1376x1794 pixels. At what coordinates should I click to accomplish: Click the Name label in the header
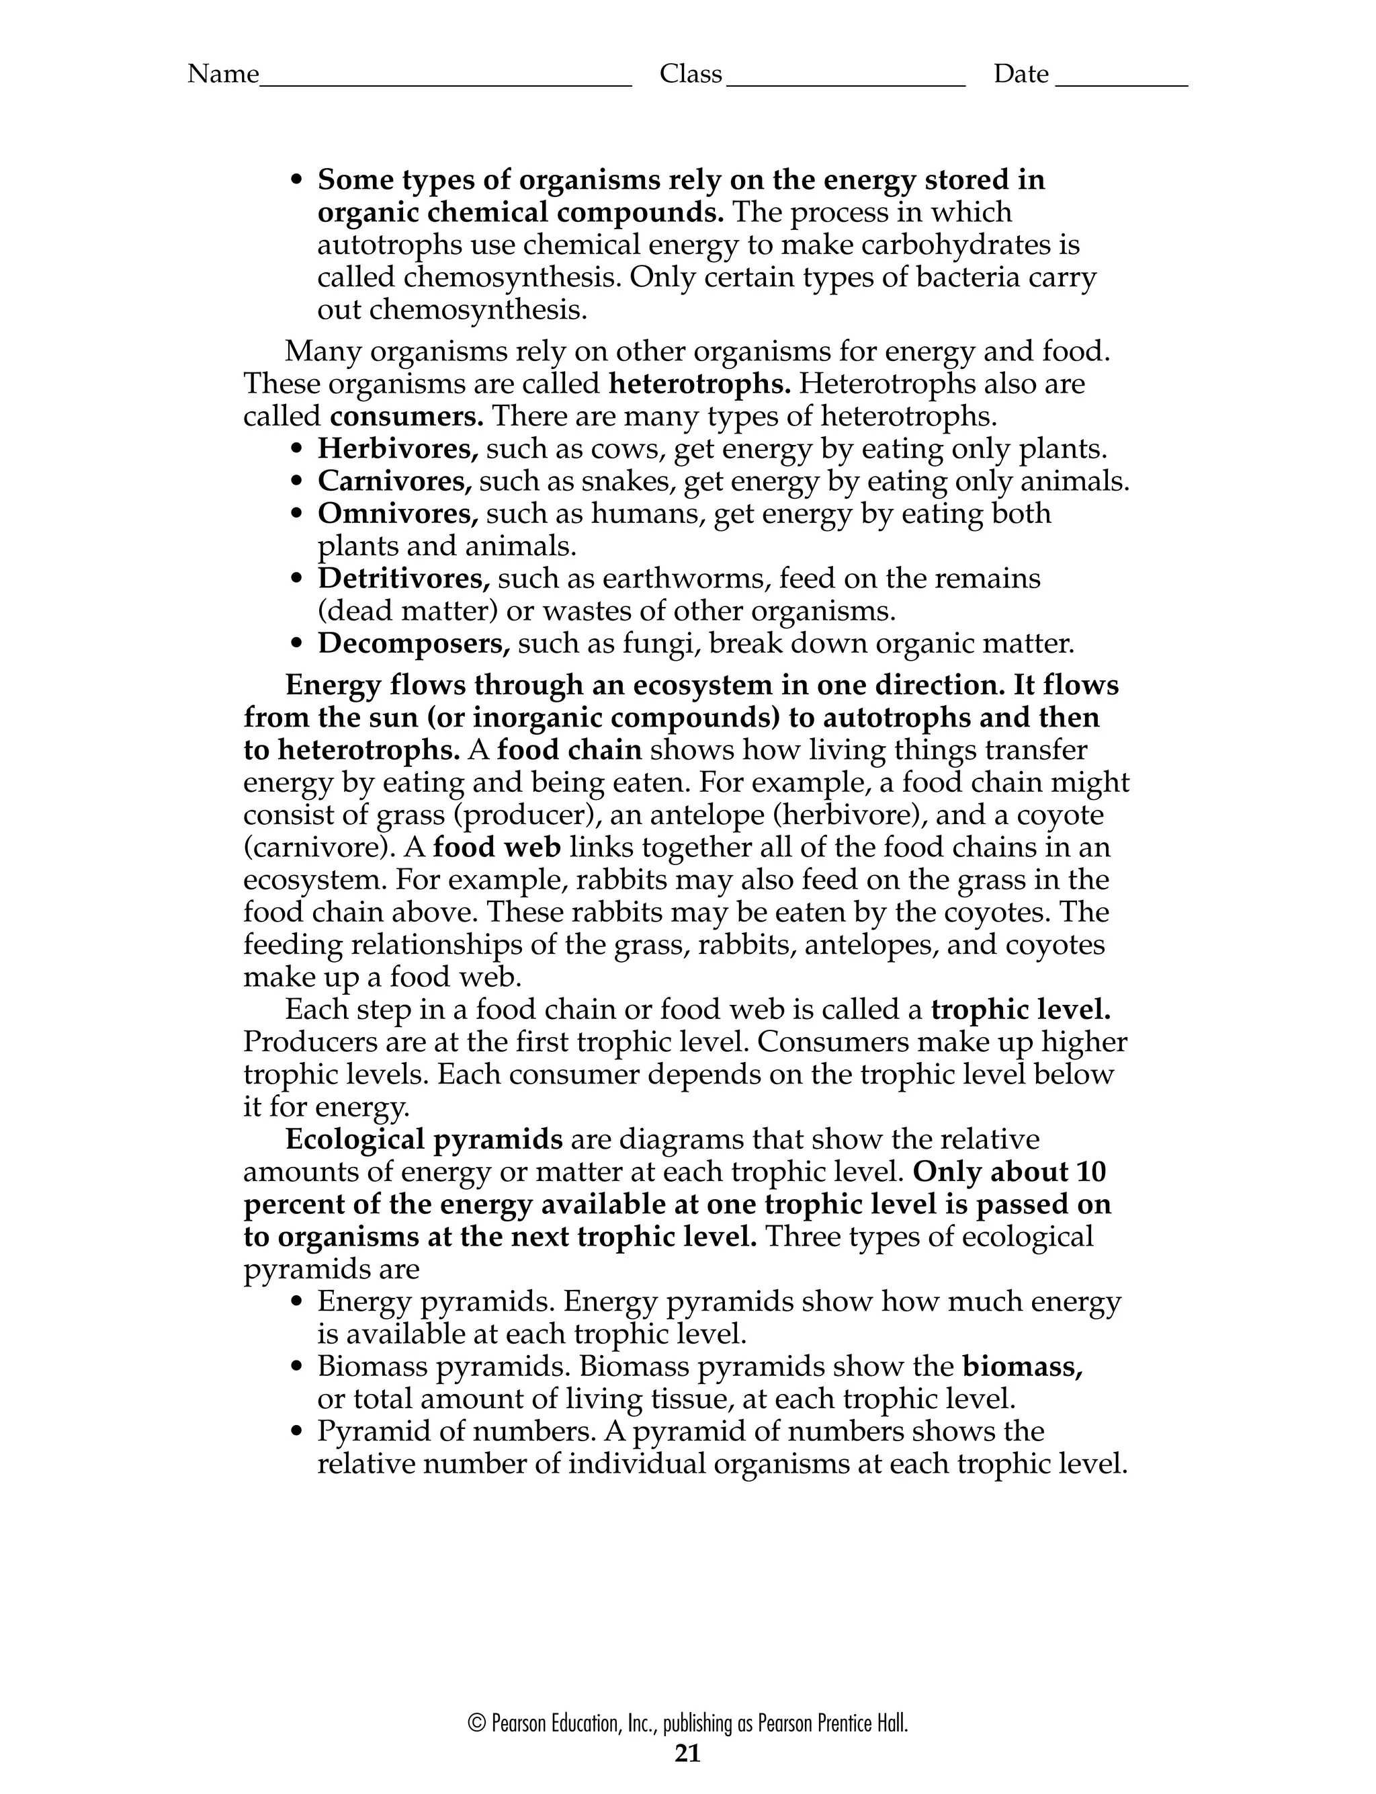tap(223, 75)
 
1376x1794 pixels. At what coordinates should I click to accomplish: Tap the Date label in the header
tap(1021, 75)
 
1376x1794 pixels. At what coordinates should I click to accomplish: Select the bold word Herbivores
tap(397, 449)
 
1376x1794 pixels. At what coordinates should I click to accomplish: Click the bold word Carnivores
tap(394, 482)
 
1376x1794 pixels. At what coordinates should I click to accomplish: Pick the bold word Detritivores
tap(403, 578)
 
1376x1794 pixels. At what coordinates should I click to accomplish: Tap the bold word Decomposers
tap(413, 644)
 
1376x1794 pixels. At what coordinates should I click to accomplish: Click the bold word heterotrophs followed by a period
tap(699, 383)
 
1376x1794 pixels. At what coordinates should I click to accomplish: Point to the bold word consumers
tap(406, 416)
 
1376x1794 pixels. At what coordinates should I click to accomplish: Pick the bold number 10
tap(1091, 1172)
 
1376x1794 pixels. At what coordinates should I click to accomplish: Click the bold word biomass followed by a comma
tap(1022, 1367)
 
